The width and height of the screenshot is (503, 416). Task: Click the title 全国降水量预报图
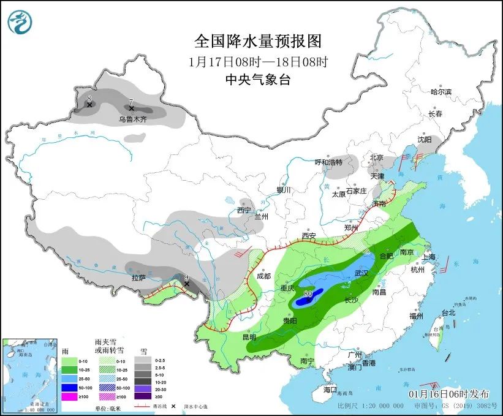(x=257, y=41)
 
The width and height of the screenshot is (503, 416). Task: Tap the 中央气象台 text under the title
(x=257, y=79)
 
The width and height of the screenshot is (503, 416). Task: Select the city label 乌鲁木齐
(x=133, y=119)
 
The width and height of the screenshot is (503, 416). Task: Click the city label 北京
(x=376, y=157)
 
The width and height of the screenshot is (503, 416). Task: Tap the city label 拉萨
(x=138, y=278)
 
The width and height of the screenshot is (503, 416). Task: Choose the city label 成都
(x=263, y=276)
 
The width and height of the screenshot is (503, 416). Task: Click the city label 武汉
(x=363, y=273)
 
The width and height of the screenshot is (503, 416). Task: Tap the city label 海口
(x=330, y=390)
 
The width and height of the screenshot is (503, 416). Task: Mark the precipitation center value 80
(x=308, y=294)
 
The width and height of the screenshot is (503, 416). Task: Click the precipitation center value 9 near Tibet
(x=186, y=277)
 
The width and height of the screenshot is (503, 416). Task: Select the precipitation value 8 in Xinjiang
(x=89, y=98)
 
